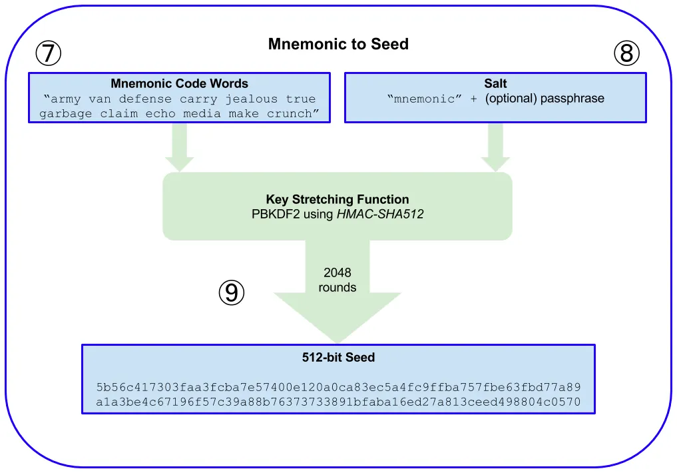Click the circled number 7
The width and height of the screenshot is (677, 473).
tap(48, 53)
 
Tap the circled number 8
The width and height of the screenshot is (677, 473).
tap(626, 53)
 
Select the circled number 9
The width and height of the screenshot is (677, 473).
tap(232, 292)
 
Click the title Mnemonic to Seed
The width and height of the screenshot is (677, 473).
tap(338, 45)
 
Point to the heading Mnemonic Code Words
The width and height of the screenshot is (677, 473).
tap(179, 84)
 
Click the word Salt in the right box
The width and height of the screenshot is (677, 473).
tap(495, 84)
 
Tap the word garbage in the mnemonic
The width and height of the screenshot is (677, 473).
tap(62, 114)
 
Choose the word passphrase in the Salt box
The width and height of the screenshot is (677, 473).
tap(572, 99)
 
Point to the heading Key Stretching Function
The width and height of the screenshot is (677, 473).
tap(338, 199)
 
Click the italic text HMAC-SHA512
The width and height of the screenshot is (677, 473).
tap(381, 214)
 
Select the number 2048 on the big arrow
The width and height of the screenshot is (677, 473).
tap(338, 272)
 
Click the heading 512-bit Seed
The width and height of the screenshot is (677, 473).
tap(338, 358)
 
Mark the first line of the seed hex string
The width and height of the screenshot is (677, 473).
tap(338, 387)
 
